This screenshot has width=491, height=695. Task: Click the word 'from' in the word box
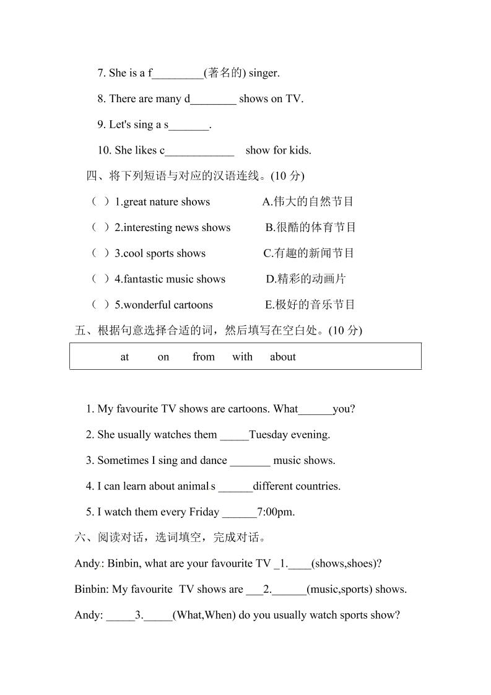tap(203, 357)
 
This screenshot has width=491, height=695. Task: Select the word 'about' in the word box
tap(282, 357)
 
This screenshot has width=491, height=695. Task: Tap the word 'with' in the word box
tap(242, 357)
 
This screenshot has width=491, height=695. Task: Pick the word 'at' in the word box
tap(124, 357)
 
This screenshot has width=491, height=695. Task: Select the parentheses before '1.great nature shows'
tap(101, 202)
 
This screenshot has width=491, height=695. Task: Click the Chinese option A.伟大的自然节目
tap(308, 202)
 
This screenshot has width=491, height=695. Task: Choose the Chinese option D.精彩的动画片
tap(306, 279)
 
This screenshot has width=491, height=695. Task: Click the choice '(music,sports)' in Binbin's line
tap(339, 590)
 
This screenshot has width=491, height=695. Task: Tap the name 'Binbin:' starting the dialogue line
tap(91, 590)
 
